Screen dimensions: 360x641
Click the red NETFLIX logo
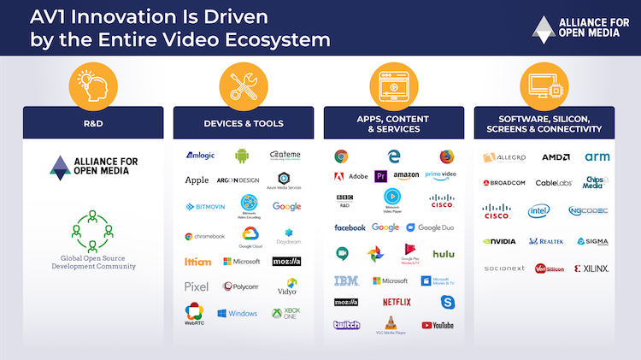pos(397,302)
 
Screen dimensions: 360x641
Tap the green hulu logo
pos(443,254)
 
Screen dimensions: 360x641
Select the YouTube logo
pos(438,325)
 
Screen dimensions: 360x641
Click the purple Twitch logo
pos(347,325)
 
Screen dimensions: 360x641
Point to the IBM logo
pos(346,280)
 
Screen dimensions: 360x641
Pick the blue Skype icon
pos(448,302)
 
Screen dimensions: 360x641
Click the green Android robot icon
pos(242,156)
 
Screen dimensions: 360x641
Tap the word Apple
pos(197,180)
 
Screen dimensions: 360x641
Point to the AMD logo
pos(556,157)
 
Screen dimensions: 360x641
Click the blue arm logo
pos(597,157)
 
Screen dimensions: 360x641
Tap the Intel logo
pos(538,210)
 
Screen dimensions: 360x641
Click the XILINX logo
pos(591,269)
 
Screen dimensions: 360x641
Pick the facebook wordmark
pos(350,227)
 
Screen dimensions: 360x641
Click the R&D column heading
pos(92,123)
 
